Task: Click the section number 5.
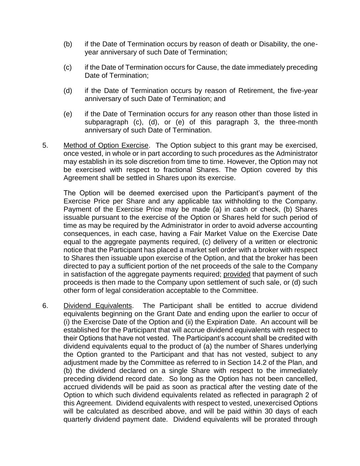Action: tap(45, 145)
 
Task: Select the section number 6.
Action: tap(45, 306)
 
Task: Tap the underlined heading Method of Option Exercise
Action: tap(106, 145)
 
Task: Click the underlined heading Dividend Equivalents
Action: tap(98, 306)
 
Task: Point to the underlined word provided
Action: tap(237, 274)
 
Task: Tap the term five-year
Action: tap(304, 91)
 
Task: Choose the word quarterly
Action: tap(79, 420)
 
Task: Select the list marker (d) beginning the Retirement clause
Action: tap(68, 91)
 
